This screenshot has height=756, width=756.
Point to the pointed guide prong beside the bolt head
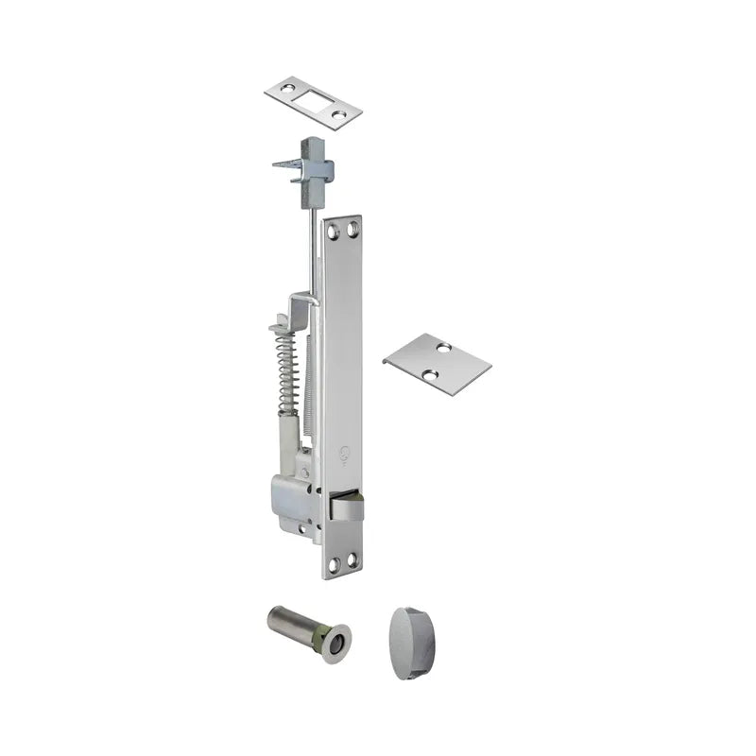tap(283, 164)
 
